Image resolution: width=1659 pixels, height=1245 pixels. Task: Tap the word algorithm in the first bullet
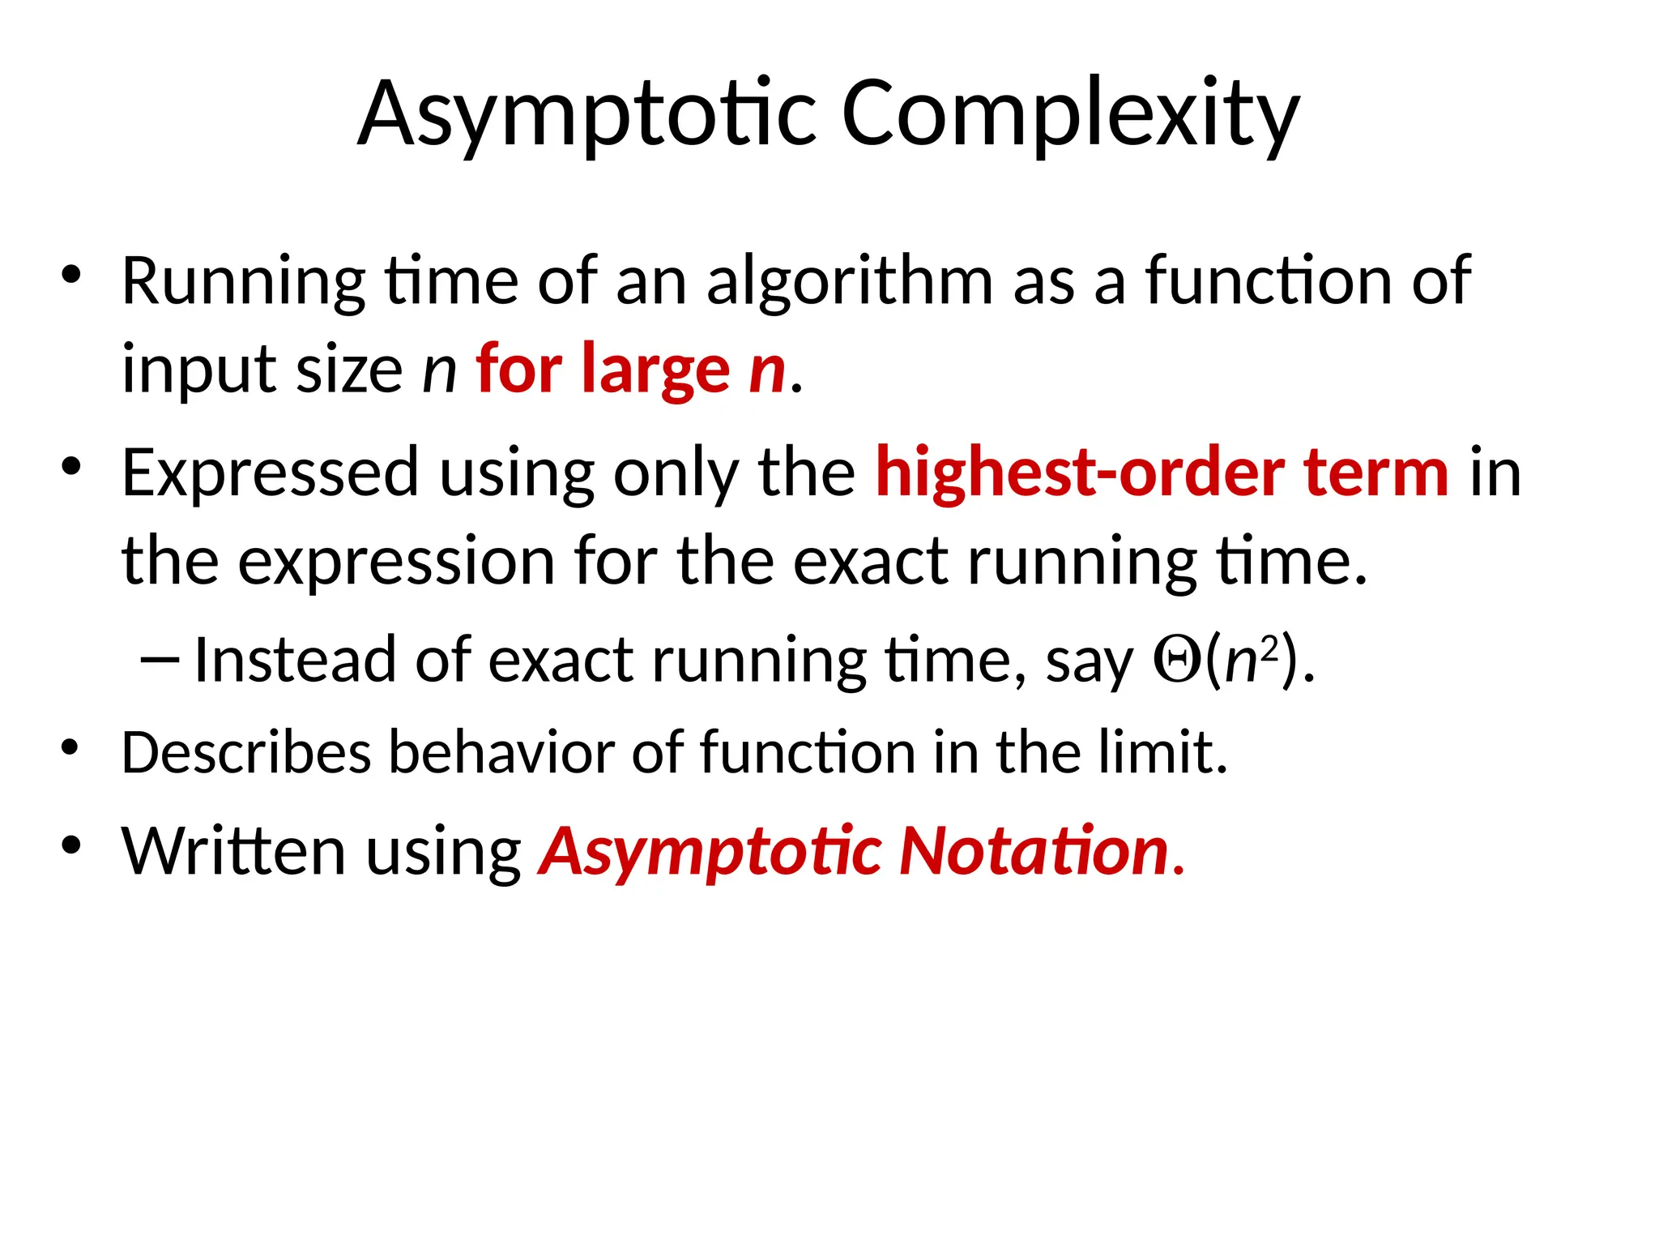click(x=849, y=282)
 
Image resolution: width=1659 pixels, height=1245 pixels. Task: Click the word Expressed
click(x=269, y=473)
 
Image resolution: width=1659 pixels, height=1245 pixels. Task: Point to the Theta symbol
click(x=1177, y=661)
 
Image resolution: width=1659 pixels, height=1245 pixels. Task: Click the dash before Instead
click(x=159, y=661)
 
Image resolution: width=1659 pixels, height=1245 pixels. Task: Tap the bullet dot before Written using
click(x=71, y=845)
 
